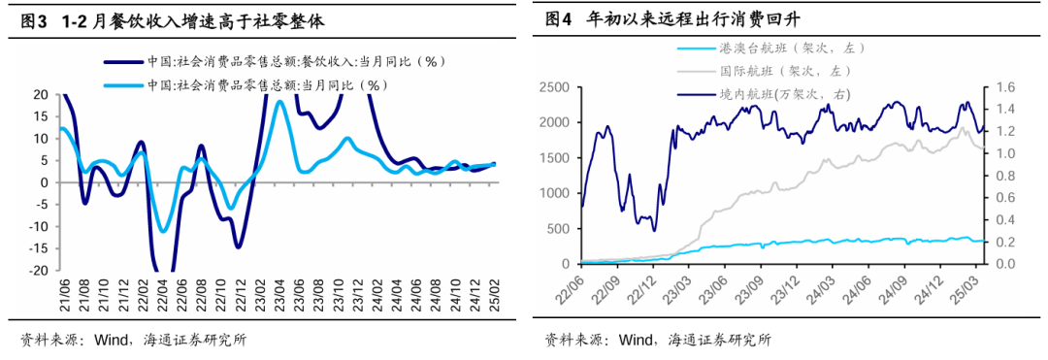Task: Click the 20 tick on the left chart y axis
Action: pos(41,95)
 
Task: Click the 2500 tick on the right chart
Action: pos(552,88)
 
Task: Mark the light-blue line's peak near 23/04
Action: pos(279,101)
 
